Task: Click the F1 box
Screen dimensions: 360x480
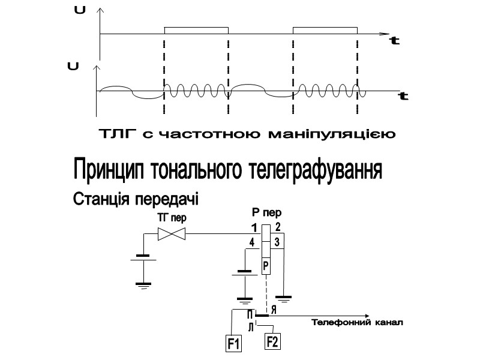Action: tap(233, 344)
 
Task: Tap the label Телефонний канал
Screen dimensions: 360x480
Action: tap(357, 323)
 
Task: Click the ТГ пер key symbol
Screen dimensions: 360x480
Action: tap(171, 235)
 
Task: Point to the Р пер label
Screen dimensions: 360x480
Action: tap(266, 212)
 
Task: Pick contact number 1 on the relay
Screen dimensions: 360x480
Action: tap(254, 228)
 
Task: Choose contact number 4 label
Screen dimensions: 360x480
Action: tap(251, 243)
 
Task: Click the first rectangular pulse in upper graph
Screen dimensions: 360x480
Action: tap(196, 30)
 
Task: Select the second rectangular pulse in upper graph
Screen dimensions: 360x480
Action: tap(325, 30)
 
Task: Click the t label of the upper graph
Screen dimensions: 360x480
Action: tap(395, 41)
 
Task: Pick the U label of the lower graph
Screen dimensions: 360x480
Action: tap(74, 65)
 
